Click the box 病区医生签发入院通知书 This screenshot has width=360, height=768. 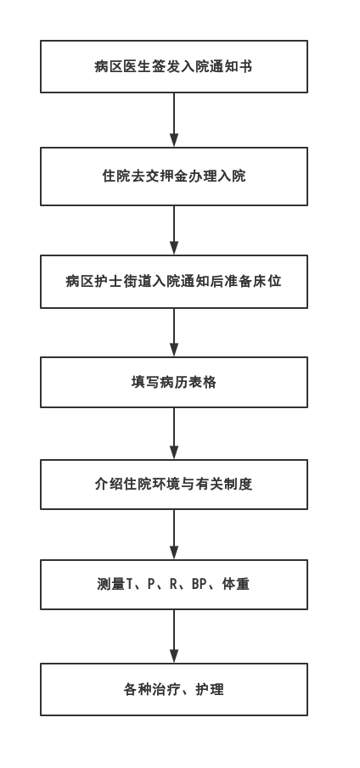[x=174, y=66]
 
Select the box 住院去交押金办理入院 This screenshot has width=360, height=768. [x=174, y=177]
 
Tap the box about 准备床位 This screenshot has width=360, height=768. [x=174, y=282]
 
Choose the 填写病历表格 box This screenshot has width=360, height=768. [x=174, y=382]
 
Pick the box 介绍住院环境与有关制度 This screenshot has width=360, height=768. [x=174, y=485]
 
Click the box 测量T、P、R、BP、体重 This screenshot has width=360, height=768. [x=174, y=585]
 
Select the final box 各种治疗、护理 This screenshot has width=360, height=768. [x=174, y=690]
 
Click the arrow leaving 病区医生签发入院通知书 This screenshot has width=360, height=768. [x=174, y=120]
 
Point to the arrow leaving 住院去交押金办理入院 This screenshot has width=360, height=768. [x=174, y=230]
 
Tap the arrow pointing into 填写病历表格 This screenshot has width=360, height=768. [x=174, y=333]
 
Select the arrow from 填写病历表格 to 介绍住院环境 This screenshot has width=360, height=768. [x=174, y=434]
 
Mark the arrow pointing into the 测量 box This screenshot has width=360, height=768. [x=174, y=535]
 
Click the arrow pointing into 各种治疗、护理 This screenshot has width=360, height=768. [x=174, y=636]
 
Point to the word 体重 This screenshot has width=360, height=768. [x=236, y=585]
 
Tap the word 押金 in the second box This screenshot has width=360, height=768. [x=167, y=176]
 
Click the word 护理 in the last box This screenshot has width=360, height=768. [x=210, y=690]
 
